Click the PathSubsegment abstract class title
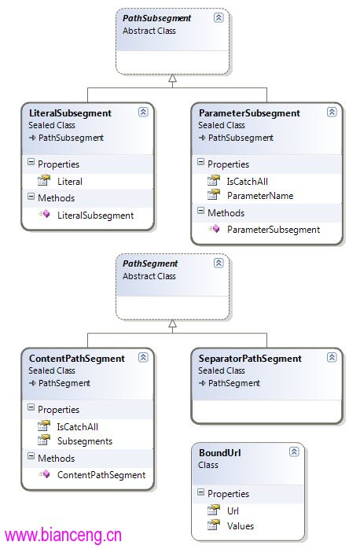point(156,18)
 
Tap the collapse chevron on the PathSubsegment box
point(219,17)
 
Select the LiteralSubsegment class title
point(70,113)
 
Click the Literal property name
point(70,182)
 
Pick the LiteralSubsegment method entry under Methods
point(96,216)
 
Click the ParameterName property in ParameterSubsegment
point(260,196)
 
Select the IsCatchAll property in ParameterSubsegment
point(248,182)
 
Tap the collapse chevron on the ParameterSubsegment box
point(332,112)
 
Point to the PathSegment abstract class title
point(150,263)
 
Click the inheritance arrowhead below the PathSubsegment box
point(172,78)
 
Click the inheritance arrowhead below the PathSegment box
point(172,323)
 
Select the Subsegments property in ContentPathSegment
point(85,441)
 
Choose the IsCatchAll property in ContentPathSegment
point(78,427)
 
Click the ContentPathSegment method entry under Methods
point(101,475)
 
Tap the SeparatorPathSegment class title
point(250,359)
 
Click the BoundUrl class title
point(220,453)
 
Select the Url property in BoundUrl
point(233,510)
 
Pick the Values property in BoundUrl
point(241,526)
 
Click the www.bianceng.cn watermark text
point(63,536)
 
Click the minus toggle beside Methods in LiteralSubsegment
point(31,197)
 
